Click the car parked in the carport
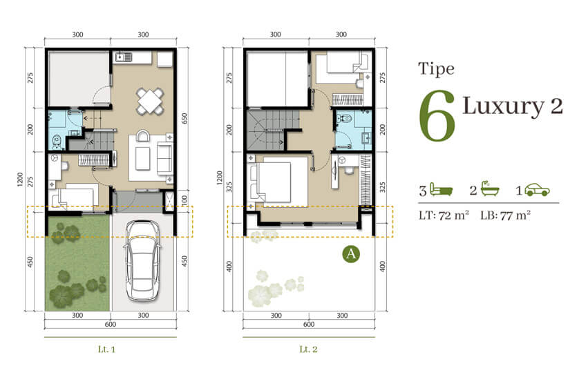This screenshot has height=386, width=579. click(x=143, y=261)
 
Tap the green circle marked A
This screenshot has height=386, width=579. click(x=351, y=254)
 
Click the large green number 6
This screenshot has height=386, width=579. click(x=437, y=115)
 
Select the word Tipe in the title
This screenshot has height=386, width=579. click(x=436, y=69)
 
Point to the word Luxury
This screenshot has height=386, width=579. click(x=504, y=106)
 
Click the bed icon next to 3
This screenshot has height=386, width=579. click(x=442, y=190)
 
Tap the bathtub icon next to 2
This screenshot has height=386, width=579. click(x=490, y=189)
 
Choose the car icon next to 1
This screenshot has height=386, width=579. click(x=538, y=190)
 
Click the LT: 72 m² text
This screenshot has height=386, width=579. click(x=444, y=215)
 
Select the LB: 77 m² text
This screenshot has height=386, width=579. click(x=506, y=215)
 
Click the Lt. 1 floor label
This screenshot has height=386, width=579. click(x=106, y=349)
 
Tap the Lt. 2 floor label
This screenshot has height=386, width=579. click(x=308, y=349)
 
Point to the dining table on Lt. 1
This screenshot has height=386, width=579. click(x=150, y=101)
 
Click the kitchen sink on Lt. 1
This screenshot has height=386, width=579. click(x=124, y=57)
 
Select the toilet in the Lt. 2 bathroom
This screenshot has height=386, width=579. click(x=345, y=119)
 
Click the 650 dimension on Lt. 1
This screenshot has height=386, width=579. click(x=184, y=119)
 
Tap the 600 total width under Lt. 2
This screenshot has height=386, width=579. click(x=309, y=325)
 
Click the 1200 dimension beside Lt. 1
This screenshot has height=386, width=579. click(x=20, y=180)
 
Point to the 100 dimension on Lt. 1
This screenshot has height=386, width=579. click(x=184, y=200)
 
